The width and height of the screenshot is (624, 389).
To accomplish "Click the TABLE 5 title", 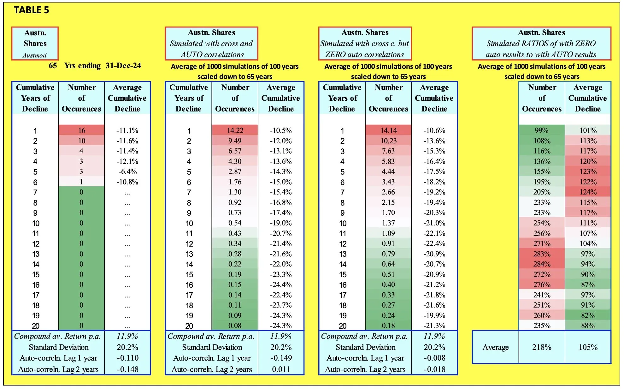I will tap(32, 10).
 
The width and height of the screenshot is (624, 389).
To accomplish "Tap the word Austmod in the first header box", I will tap(35, 55).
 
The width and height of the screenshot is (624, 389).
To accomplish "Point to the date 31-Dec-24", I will tap(123, 66).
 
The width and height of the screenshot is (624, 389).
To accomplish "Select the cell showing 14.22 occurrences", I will tap(235, 130).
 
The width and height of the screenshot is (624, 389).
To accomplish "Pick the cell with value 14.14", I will tap(389, 130).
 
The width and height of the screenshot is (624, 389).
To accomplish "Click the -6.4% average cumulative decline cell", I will tap(127, 172).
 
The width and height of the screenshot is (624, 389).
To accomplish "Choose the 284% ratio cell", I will tap(542, 264).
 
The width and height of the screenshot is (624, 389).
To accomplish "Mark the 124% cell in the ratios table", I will tap(588, 192).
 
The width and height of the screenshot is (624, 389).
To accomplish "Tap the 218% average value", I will tap(542, 347).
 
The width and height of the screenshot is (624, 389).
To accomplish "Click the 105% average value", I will tap(588, 347).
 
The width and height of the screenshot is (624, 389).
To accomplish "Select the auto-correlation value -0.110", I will tap(127, 358).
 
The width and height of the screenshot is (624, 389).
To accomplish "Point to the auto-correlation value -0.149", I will tap(281, 358).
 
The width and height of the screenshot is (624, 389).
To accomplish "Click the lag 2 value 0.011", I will tap(281, 369).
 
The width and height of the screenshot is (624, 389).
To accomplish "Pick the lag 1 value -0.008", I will tap(434, 358).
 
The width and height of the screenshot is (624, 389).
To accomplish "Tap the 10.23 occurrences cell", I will tap(389, 141).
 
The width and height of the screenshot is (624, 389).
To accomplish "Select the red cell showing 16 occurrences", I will tap(81, 130).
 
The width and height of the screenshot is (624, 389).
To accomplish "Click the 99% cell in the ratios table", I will tap(542, 130).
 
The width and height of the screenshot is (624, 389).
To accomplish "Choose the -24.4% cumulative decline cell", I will tap(281, 284).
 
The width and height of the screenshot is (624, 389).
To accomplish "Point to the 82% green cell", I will tap(588, 315).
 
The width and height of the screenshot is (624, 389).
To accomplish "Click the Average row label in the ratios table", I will tap(496, 347).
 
